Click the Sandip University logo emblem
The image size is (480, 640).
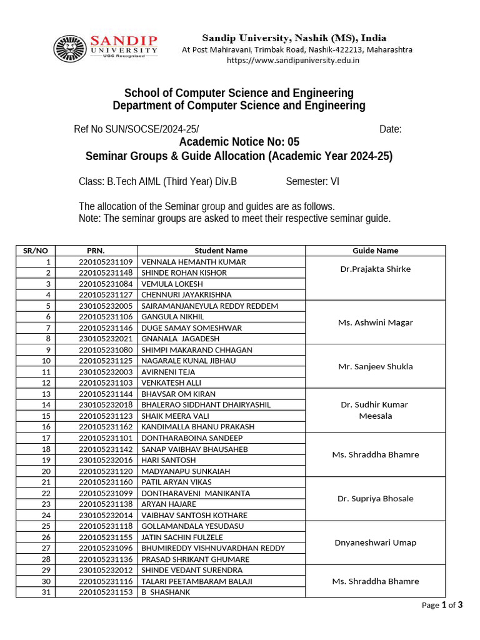(x=69, y=48)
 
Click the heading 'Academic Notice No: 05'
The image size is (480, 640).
(x=239, y=142)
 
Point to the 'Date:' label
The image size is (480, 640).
(x=390, y=129)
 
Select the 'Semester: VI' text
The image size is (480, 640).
(x=312, y=182)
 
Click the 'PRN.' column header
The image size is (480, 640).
(x=96, y=251)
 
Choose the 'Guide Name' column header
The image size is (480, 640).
(x=375, y=251)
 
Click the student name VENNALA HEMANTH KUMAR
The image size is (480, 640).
(x=194, y=262)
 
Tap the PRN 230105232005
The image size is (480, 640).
(x=106, y=306)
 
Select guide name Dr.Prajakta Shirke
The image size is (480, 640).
(x=375, y=269)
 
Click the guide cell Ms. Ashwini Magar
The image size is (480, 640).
(x=375, y=322)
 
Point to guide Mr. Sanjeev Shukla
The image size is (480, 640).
(x=375, y=366)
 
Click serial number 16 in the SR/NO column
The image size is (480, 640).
(x=46, y=427)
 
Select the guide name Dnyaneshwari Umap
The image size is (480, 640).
(x=375, y=542)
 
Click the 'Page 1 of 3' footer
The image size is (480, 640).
(x=442, y=605)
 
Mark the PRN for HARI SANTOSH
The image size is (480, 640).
(x=106, y=460)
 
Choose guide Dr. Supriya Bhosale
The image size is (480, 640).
(x=375, y=499)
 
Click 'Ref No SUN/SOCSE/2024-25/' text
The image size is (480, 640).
(x=136, y=129)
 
